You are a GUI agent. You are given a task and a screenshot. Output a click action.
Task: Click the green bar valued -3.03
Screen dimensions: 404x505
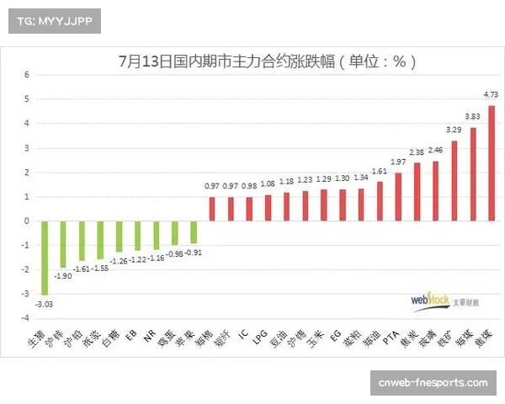pyautogui.click(x=45, y=258)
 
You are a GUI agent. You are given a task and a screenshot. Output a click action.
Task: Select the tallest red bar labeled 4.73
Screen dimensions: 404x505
pyautogui.click(x=492, y=163)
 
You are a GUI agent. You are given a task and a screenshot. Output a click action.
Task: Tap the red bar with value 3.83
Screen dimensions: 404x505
pyautogui.click(x=473, y=174)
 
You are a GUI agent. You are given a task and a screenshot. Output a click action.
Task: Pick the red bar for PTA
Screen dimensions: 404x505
pyautogui.click(x=398, y=197)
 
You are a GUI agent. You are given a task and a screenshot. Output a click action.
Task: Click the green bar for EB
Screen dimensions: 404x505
pyautogui.click(x=137, y=236)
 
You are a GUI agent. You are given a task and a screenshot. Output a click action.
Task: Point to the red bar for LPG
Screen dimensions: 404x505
pyautogui.click(x=268, y=208)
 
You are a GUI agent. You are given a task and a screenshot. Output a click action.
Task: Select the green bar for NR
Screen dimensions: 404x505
pyautogui.click(x=157, y=235)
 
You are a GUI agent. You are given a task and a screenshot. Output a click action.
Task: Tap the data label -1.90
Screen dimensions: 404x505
pyautogui.click(x=62, y=275)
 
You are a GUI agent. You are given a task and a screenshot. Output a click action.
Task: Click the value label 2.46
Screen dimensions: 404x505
pyautogui.click(x=435, y=151)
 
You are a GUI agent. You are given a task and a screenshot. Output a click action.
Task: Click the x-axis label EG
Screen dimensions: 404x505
pyautogui.click(x=337, y=334)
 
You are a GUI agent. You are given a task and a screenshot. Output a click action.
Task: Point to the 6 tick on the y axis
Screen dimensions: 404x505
pyautogui.click(x=26, y=74)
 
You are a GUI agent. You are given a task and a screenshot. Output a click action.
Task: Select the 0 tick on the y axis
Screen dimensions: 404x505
pyautogui.click(x=26, y=221)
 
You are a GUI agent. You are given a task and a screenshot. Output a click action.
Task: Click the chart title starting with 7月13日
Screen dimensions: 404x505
pyautogui.click(x=267, y=61)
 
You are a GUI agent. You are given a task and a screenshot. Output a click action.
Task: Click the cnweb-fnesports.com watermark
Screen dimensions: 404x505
pyautogui.click(x=433, y=384)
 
